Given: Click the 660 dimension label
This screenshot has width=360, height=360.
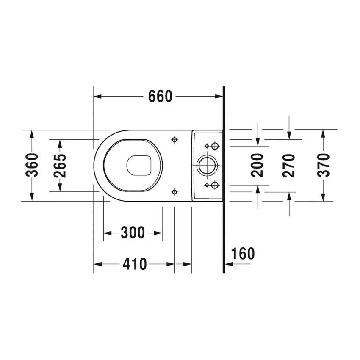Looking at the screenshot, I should click(160, 97).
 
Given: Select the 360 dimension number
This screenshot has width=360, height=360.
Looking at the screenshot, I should click(32, 165).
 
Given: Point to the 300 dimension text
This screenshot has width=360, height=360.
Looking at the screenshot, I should click(133, 233).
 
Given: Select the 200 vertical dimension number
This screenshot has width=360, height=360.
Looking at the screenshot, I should click(258, 165).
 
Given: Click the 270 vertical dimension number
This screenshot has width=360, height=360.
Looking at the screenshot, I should click(289, 165).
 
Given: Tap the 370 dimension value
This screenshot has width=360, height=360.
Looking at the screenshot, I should click(323, 165).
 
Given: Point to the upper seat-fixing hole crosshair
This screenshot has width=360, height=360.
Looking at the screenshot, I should click(174, 139).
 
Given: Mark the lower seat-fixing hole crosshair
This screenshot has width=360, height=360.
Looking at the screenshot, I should click(174, 192).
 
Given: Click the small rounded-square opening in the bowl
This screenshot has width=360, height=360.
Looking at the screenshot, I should click(139, 165).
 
